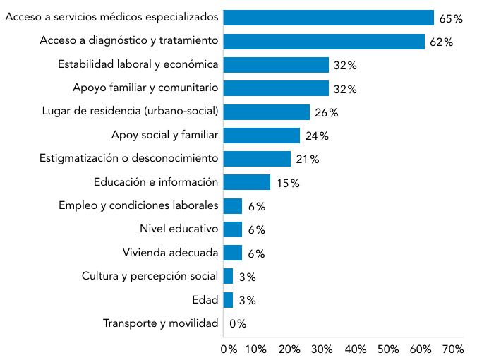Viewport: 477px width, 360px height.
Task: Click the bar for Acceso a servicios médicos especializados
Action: [328, 18]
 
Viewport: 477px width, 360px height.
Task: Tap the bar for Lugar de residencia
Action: [266, 112]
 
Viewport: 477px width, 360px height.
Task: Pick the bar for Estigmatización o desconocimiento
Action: [257, 159]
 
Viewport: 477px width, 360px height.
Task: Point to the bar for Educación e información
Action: [246, 182]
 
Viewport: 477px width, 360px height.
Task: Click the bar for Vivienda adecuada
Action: [232, 253]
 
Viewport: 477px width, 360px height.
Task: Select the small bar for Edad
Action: [228, 300]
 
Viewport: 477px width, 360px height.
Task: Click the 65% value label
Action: [451, 18]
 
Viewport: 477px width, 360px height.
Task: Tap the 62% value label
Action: [441, 42]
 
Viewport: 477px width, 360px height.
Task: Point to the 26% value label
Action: [327, 113]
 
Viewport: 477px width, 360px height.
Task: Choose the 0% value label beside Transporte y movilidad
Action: [237, 324]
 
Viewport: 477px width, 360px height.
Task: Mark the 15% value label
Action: [288, 184]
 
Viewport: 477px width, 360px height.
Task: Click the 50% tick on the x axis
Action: [389, 349]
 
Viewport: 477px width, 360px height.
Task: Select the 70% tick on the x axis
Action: [453, 349]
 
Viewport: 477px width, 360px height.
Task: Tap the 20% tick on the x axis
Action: [289, 349]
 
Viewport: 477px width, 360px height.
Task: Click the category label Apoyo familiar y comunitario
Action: [145, 88]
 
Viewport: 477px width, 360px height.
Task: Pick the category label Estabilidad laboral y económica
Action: [138, 64]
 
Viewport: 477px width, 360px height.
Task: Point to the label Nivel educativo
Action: [179, 229]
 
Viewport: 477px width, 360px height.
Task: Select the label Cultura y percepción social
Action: [150, 276]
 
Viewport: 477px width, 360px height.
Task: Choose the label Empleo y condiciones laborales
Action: [138, 205]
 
